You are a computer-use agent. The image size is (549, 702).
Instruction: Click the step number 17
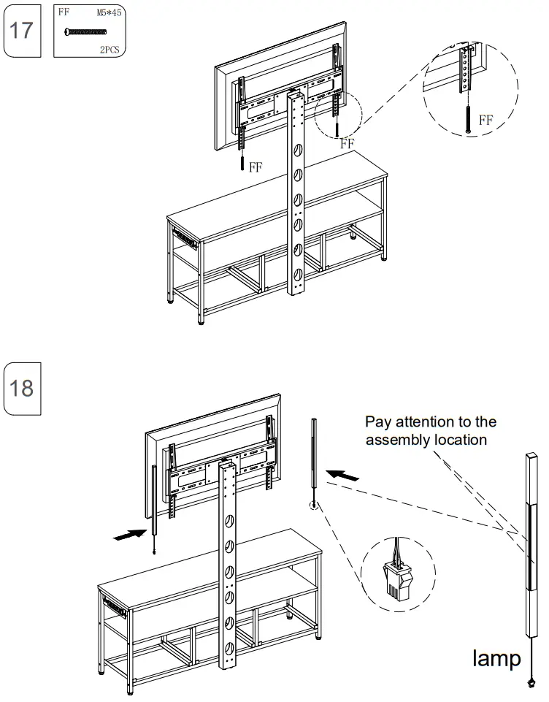(x=21, y=31)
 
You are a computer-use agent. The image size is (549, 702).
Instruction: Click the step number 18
(x=21, y=388)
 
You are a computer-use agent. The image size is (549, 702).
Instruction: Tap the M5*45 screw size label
(x=109, y=12)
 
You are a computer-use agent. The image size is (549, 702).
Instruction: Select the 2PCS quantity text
(x=110, y=50)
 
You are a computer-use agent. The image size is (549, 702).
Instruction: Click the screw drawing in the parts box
(x=85, y=32)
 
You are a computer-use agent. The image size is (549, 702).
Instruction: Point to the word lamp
(x=496, y=658)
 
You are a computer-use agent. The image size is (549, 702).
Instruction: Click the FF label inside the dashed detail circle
(x=486, y=120)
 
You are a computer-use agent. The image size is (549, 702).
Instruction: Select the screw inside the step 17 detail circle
(x=468, y=118)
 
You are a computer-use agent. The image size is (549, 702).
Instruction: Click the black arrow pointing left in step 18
(x=342, y=475)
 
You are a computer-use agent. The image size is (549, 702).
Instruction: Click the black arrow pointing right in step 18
(x=130, y=535)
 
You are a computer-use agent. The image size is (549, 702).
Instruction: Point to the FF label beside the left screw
(x=256, y=167)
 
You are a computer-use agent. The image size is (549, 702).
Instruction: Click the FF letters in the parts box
(x=64, y=12)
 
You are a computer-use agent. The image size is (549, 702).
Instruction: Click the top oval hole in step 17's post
(x=298, y=151)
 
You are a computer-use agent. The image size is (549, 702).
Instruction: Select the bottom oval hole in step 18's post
(x=229, y=647)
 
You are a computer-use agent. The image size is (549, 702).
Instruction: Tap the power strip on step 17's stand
(x=185, y=239)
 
